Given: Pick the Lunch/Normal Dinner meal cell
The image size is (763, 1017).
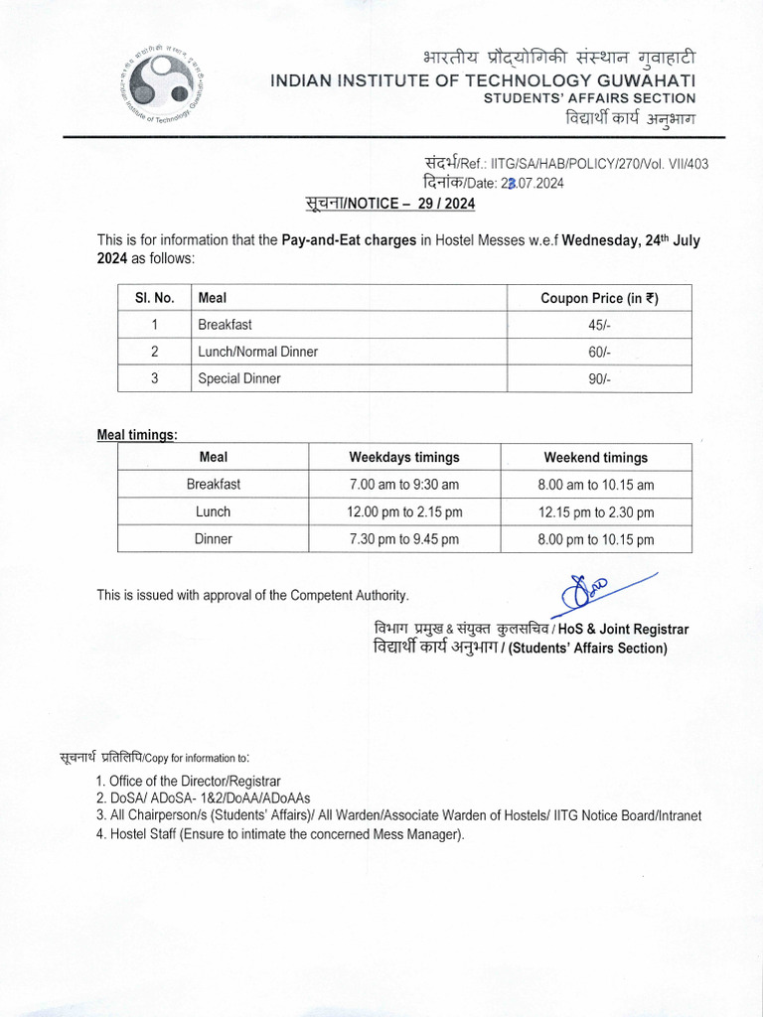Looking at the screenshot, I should point(257,352).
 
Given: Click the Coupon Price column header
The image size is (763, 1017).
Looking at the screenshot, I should point(599,298).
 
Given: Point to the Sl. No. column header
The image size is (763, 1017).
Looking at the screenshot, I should point(154,298).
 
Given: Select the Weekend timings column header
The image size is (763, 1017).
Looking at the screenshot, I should point(595,458).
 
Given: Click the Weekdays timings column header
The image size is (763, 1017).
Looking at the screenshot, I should point(403,458).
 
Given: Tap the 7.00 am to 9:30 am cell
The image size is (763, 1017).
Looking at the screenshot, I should point(403,485).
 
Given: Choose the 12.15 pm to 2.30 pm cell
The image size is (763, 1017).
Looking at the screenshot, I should point(595,512).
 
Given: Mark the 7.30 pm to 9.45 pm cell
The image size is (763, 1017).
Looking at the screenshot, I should point(403,539).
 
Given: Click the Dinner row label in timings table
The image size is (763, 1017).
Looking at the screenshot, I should point(213,539).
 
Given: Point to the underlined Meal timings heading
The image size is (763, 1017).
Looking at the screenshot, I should point(137,435).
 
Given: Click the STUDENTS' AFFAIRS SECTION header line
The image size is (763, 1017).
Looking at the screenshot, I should point(589,98).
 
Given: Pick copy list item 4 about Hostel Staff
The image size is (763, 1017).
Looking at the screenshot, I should point(280,834).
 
